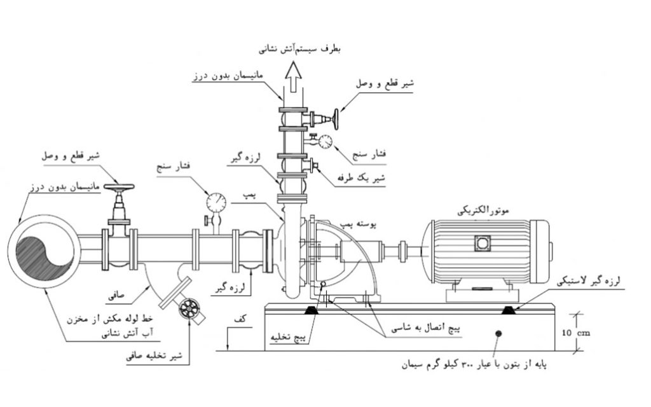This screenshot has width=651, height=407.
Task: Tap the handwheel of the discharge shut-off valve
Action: point(336,118)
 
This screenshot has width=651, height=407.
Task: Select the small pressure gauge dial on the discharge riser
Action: point(326,140)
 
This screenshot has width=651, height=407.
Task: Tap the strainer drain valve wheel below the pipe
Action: point(189,310)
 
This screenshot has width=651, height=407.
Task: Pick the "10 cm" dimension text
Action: point(595,331)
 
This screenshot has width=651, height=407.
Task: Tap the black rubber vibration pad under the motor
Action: point(510,311)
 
